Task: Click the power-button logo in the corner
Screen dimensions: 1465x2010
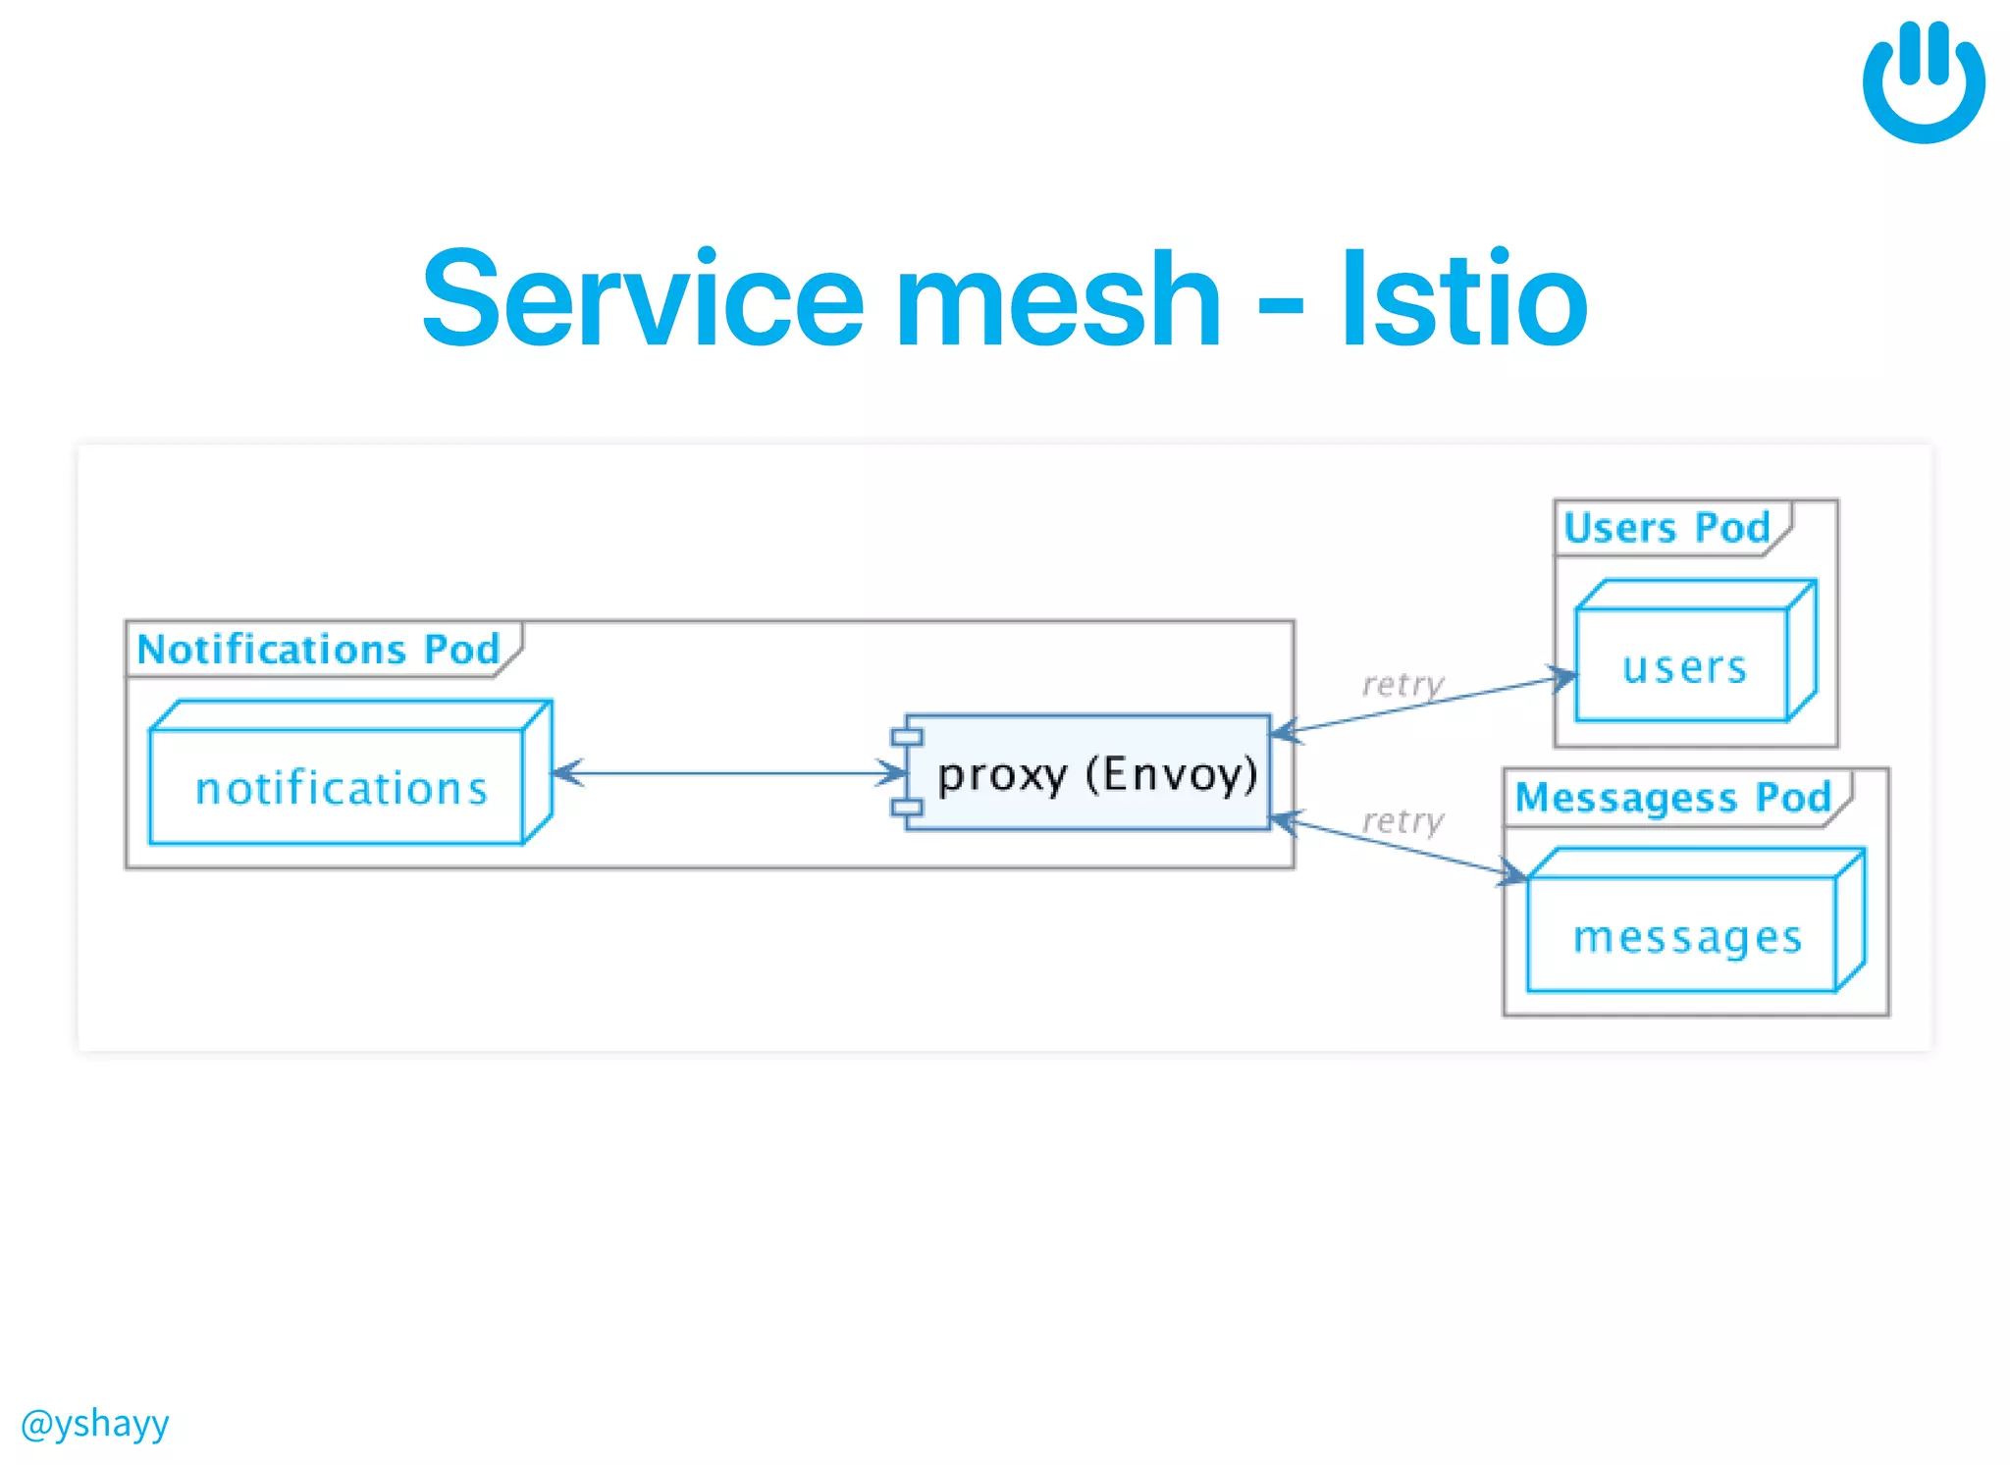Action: click(1923, 83)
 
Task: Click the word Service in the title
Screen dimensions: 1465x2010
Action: click(642, 298)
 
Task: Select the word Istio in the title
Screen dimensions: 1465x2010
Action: click(1463, 298)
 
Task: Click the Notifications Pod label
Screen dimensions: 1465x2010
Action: click(318, 650)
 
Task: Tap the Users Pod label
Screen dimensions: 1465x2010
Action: click(1666, 528)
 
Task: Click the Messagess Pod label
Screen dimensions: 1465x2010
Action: click(1672, 797)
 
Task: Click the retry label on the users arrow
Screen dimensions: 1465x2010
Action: click(1402, 684)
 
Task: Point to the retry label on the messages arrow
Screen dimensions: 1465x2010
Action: click(1402, 820)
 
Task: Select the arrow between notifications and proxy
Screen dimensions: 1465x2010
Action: click(728, 773)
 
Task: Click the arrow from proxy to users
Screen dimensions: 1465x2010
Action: click(1423, 705)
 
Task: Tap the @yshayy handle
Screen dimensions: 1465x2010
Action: click(94, 1422)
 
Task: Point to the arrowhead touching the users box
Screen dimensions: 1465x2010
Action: click(1563, 677)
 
